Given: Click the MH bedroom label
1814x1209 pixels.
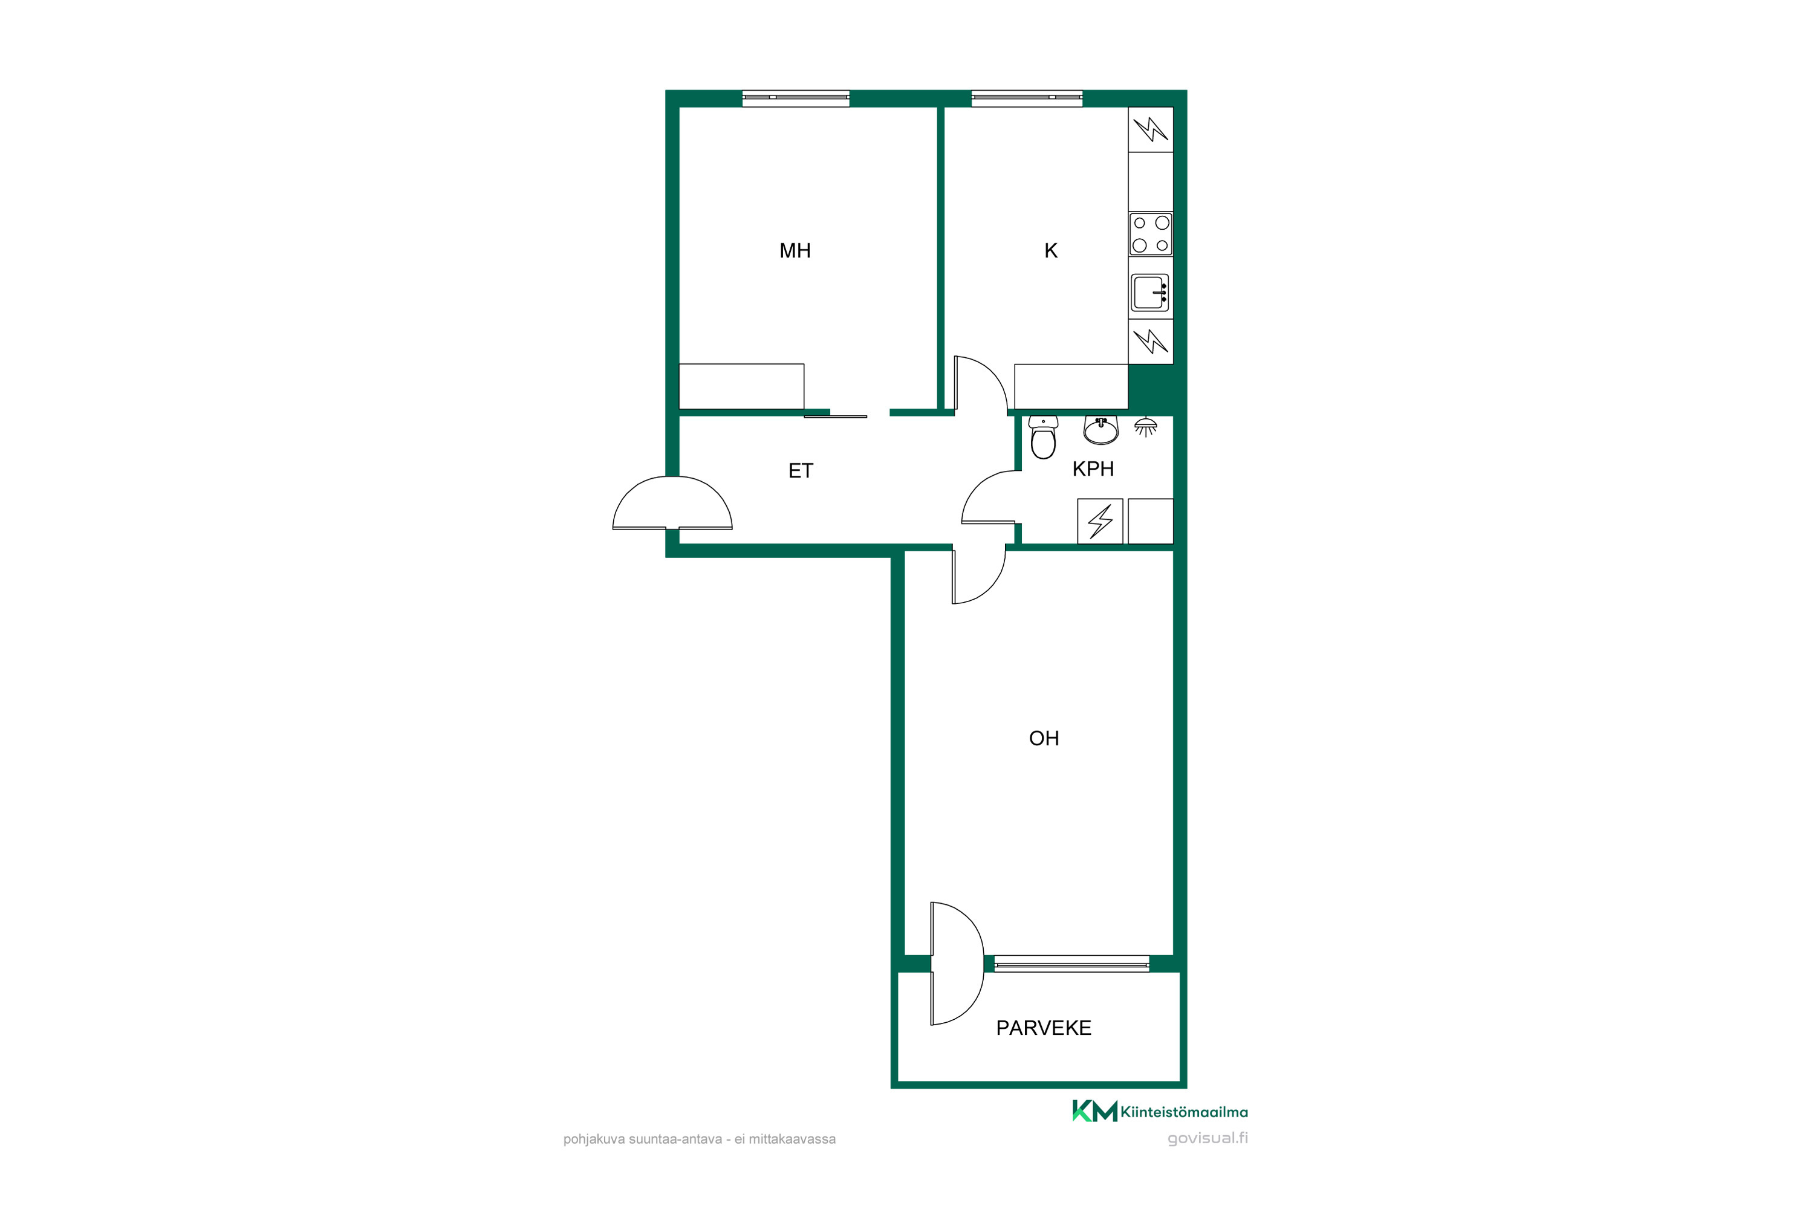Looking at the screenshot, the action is tap(795, 251).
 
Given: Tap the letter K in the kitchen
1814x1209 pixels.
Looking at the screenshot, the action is tap(1050, 251).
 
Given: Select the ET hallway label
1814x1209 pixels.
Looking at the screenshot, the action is tap(801, 471).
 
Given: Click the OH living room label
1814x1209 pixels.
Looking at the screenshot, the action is tap(1044, 739).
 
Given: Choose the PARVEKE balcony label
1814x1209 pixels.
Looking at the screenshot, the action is tap(1044, 1028).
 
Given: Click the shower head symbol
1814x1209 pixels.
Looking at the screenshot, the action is tap(1145, 426).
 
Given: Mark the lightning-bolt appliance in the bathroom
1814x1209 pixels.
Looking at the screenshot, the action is tap(1100, 521).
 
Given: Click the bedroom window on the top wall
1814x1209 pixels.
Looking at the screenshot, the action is tap(795, 98).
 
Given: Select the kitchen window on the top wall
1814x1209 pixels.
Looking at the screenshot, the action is tap(1027, 98).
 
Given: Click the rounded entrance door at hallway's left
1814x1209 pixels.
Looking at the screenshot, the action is tap(672, 503).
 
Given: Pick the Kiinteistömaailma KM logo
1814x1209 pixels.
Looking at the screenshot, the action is tap(1094, 1111).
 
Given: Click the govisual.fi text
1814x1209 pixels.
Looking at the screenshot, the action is tap(1207, 1138).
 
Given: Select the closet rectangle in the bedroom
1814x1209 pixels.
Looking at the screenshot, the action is tap(741, 386).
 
